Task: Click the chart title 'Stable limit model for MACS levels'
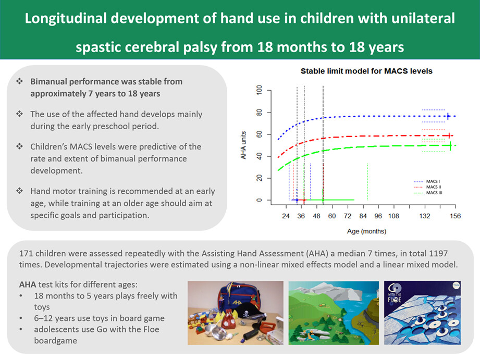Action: tap(366, 71)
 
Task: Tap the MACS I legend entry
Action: tap(427, 181)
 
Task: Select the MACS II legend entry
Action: tap(427, 187)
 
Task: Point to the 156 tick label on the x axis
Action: tap(455, 216)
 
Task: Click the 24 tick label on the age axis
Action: tap(286, 216)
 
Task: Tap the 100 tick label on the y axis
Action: tap(260, 90)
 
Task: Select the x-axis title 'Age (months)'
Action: tap(366, 231)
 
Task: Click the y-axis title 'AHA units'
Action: tap(243, 145)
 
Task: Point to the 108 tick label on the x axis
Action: tap(393, 216)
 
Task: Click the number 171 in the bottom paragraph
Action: tap(26, 254)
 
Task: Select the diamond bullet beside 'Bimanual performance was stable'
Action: tap(20, 81)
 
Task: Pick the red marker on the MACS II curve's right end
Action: tap(449, 135)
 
